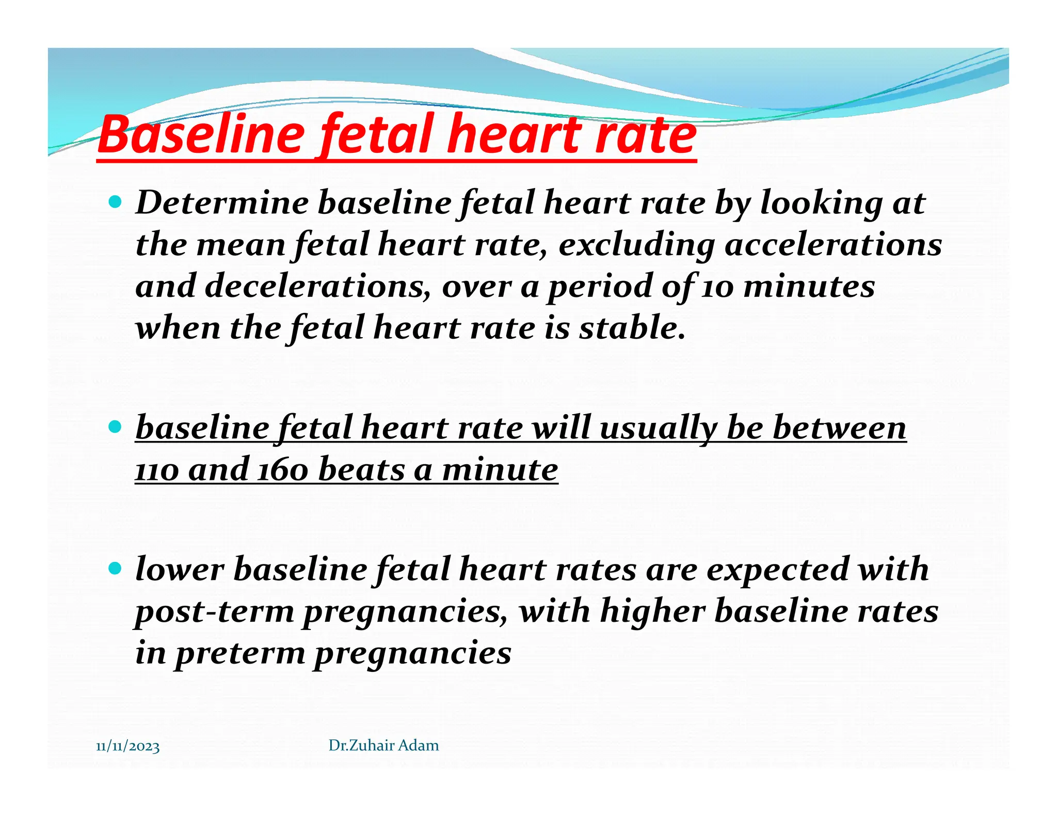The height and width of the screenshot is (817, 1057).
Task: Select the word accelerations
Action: [x=833, y=244]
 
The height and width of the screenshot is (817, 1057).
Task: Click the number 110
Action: [x=157, y=470]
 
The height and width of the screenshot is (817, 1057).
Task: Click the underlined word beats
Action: [x=361, y=470]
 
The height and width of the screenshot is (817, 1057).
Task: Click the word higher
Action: [x=652, y=611]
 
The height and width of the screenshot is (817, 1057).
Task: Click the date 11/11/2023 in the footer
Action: [x=128, y=747]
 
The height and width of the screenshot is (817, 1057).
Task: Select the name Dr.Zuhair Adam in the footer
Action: [x=383, y=745]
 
